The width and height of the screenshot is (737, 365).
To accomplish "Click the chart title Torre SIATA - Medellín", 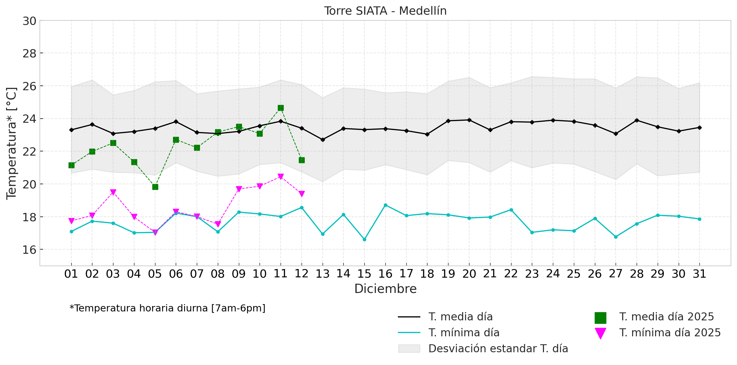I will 385,11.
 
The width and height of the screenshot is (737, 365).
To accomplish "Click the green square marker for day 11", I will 281,108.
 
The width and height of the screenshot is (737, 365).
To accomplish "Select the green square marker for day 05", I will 155,187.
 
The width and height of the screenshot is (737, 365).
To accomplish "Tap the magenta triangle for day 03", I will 113,192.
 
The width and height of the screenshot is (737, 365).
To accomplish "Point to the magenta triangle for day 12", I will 302,194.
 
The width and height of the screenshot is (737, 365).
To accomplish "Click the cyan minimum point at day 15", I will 364,239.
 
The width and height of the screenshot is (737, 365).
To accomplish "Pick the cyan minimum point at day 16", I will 385,205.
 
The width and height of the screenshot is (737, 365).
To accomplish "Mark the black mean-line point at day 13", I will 323,140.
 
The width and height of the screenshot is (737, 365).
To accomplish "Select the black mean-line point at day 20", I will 469,120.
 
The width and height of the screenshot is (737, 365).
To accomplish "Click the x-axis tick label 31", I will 699,274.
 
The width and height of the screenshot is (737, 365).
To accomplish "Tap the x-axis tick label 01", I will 71,274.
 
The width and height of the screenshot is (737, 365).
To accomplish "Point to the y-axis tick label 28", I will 29,54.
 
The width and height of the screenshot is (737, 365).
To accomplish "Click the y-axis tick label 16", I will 29,250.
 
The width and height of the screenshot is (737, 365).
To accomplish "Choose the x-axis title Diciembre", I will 385,289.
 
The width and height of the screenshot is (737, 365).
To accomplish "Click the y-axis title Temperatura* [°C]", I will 11,143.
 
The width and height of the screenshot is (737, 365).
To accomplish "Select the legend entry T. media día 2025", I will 666,317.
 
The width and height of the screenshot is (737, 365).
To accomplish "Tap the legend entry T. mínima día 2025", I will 669,333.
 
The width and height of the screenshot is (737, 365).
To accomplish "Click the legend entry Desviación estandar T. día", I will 498,349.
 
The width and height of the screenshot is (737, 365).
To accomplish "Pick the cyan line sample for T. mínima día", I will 409,333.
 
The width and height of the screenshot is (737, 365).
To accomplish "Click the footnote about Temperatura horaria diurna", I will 168,308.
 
